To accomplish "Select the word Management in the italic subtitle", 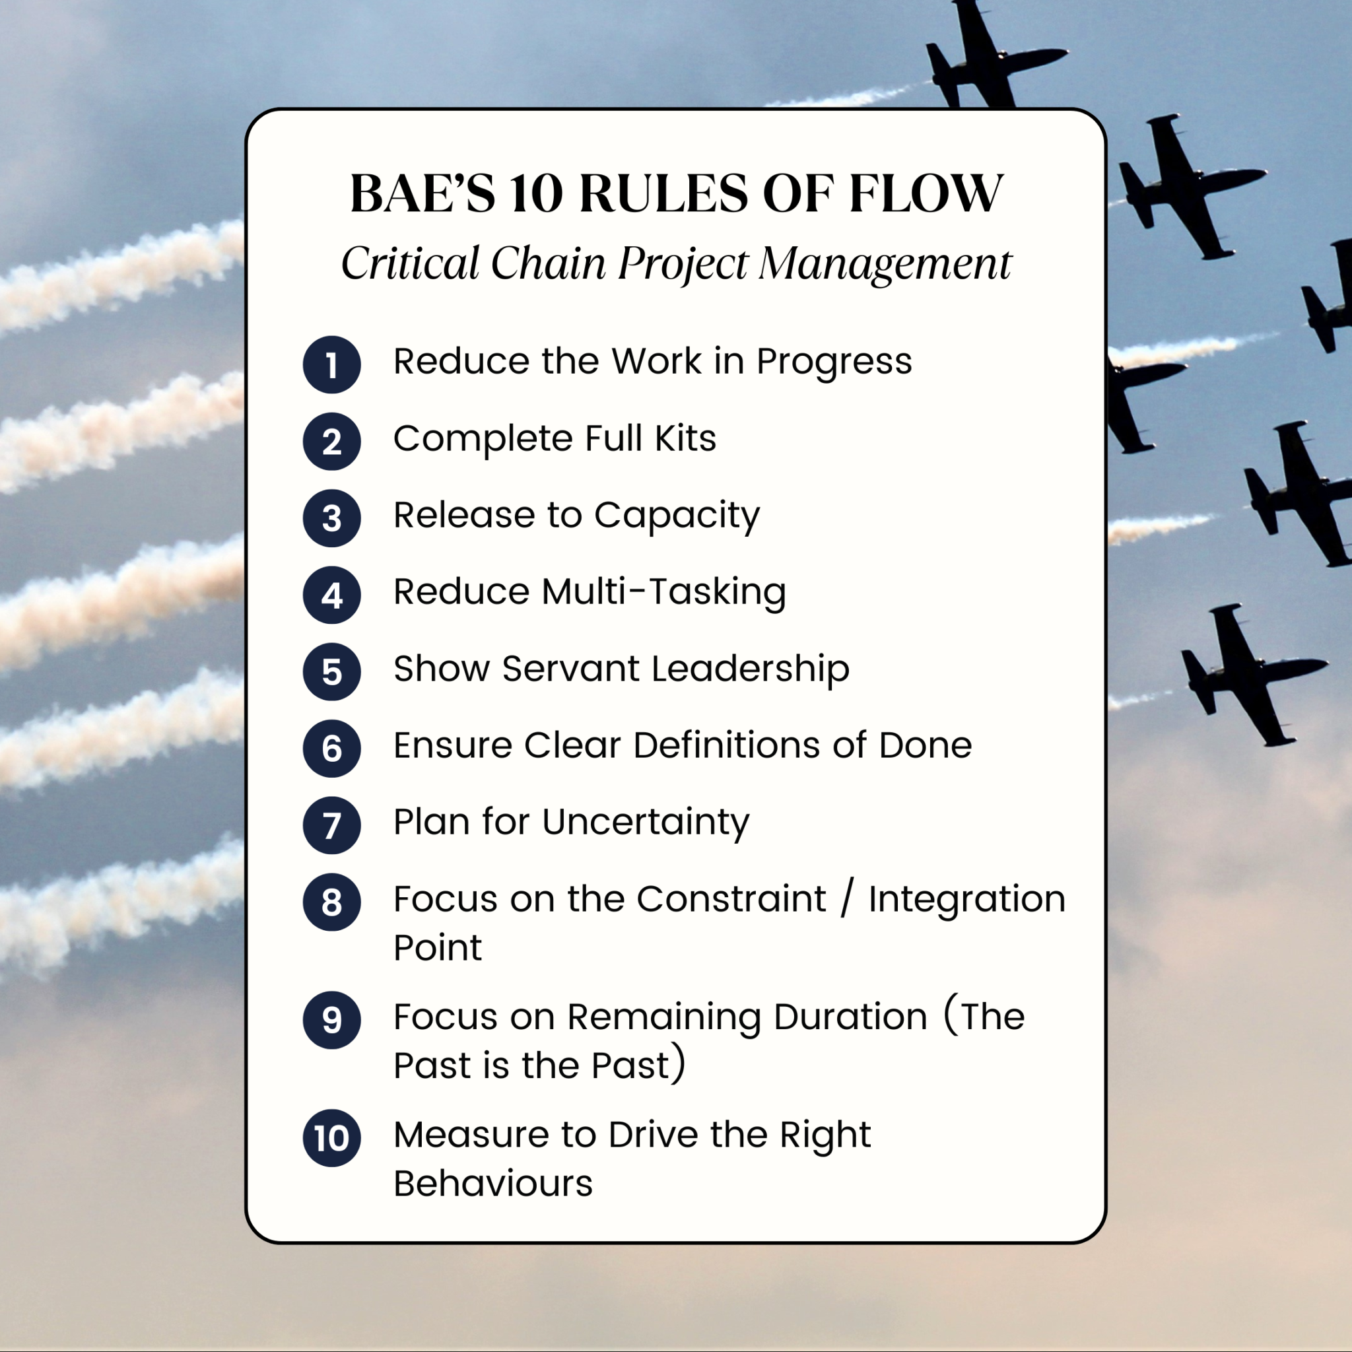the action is tap(885, 265).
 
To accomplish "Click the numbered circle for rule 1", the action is tap(331, 364).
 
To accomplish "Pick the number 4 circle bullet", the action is tap(331, 595).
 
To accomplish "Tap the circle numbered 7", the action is tap(331, 825).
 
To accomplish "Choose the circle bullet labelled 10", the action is tap(331, 1138).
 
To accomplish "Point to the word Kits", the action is tap(686, 439).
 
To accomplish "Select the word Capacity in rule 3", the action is tap(677, 517).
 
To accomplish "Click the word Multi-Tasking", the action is tap(663, 593).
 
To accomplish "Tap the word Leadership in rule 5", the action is tap(751, 669).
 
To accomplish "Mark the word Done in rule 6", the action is tap(925, 745).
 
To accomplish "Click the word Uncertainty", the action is tap(645, 823).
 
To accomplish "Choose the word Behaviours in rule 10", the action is tap(493, 1184).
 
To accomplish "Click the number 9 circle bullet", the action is tap(331, 1021).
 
